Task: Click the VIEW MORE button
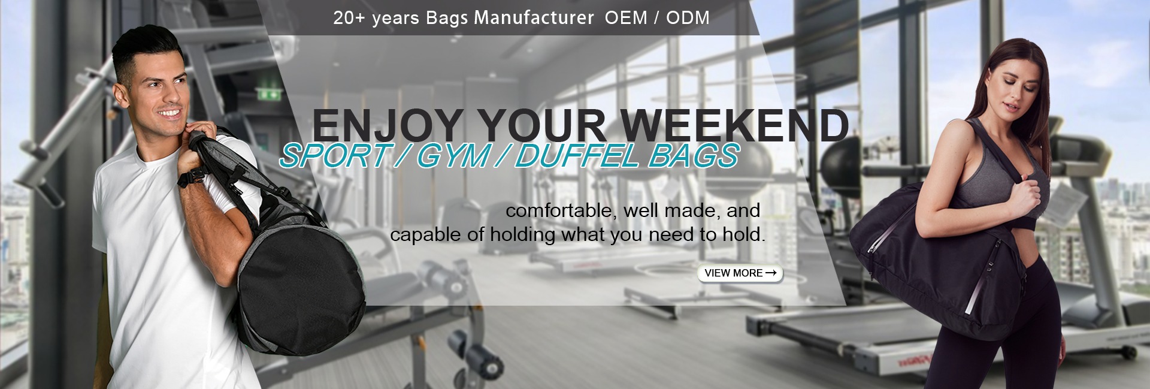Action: coord(740,273)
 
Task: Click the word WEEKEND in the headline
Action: coord(738,125)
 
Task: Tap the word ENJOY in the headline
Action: coord(388,126)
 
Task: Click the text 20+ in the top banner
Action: coord(350,18)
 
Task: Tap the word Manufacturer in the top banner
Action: coord(534,18)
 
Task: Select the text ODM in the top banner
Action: coord(688,18)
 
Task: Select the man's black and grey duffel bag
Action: coord(282,258)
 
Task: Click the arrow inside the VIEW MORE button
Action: coord(771,273)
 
